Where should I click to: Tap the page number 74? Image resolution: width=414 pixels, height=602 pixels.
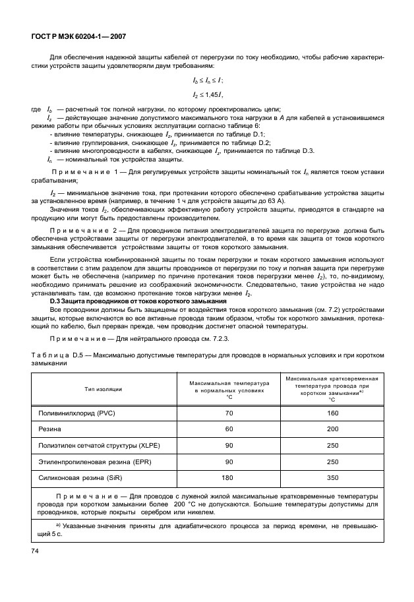(34, 549)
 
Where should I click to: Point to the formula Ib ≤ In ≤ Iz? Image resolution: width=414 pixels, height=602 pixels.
(208, 80)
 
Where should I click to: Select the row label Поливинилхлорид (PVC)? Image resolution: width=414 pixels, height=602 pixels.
(78, 413)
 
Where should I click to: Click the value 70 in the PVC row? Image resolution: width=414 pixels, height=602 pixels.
(229, 413)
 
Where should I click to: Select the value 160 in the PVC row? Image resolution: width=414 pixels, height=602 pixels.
(332, 413)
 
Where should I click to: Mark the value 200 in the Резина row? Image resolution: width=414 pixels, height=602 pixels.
(332, 429)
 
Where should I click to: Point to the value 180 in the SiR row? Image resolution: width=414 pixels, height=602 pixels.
(229, 477)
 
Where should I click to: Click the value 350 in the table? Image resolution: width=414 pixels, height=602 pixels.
(332, 477)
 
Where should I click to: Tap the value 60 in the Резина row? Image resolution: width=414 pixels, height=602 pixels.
(229, 429)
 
